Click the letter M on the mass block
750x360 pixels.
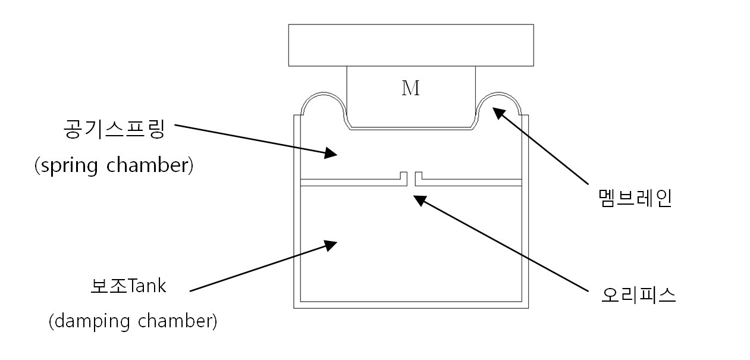(x=410, y=89)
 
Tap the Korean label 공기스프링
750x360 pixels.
(x=112, y=129)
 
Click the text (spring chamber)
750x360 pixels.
(x=114, y=165)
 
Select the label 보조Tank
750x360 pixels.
(x=128, y=286)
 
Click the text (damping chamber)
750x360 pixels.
(x=133, y=321)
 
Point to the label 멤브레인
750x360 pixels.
(x=635, y=198)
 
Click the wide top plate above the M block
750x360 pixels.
(x=410, y=45)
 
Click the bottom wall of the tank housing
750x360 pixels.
(x=410, y=305)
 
